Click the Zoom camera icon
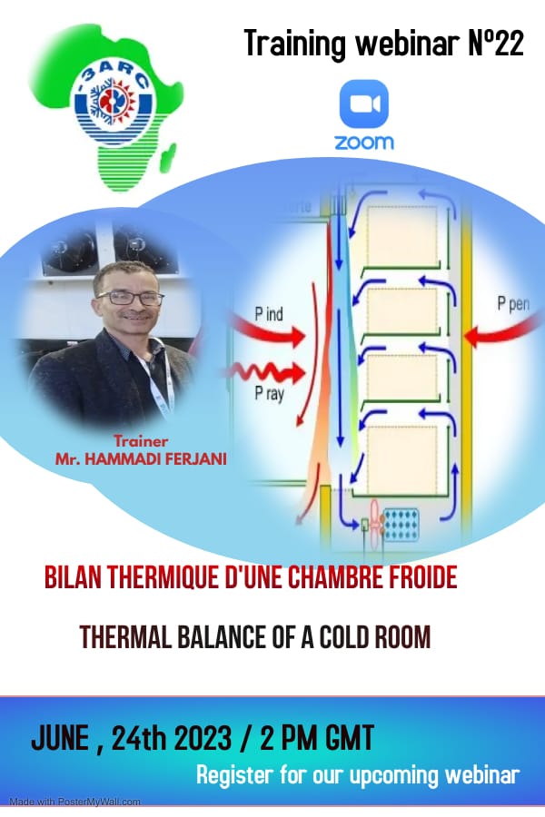363,104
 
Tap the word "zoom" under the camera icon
364,143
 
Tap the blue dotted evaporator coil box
401,525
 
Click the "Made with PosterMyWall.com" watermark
74,802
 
